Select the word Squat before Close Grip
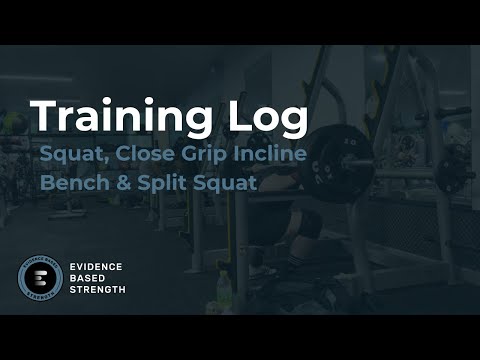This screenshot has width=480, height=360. click(71, 158)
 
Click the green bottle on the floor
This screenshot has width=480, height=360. click(225, 290)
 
